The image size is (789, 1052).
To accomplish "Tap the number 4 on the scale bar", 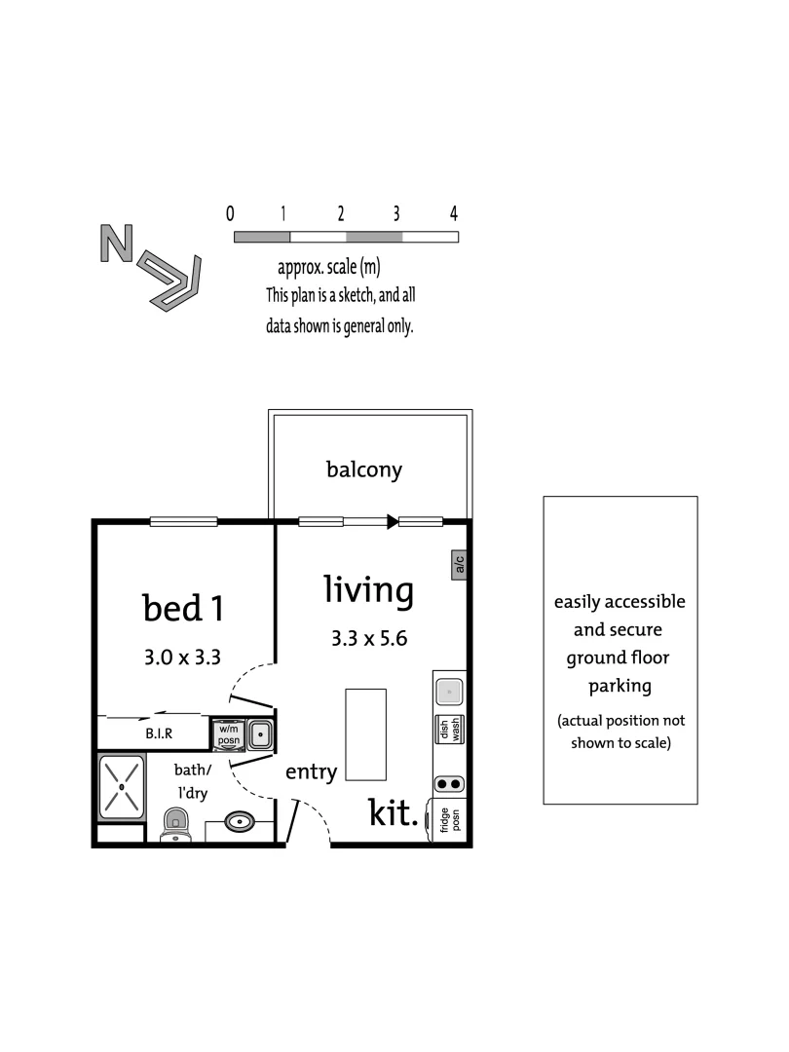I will (x=454, y=213).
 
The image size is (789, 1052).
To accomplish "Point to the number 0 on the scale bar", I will (x=230, y=213).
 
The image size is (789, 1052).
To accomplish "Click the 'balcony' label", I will (x=363, y=470).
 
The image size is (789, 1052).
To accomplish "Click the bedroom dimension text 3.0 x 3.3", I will (x=183, y=657).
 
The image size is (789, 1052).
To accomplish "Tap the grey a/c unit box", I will (x=458, y=565).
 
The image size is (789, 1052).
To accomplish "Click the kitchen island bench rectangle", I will (x=365, y=734).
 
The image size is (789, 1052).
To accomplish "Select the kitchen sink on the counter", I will (x=448, y=691).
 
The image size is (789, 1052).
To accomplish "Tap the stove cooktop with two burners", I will (x=448, y=783).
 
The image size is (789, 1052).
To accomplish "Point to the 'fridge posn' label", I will (x=449, y=820).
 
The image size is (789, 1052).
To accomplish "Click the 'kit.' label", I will (x=394, y=812).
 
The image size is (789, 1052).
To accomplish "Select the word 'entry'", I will (x=311, y=772).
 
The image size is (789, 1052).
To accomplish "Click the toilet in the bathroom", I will (x=174, y=824).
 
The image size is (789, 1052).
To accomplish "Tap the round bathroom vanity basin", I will (x=241, y=822).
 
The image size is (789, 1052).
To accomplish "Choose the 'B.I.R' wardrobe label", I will (x=159, y=733).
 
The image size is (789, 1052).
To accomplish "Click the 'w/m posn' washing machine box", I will (x=228, y=733).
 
